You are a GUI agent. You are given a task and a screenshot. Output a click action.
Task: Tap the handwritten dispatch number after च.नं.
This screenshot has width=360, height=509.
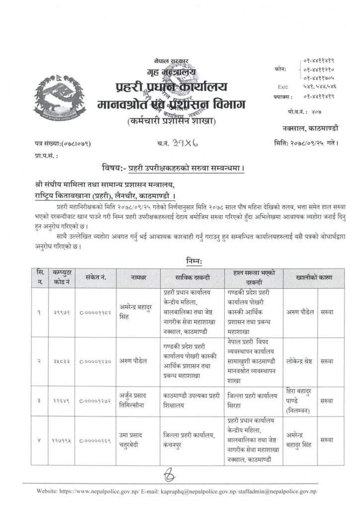coord(183,144)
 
